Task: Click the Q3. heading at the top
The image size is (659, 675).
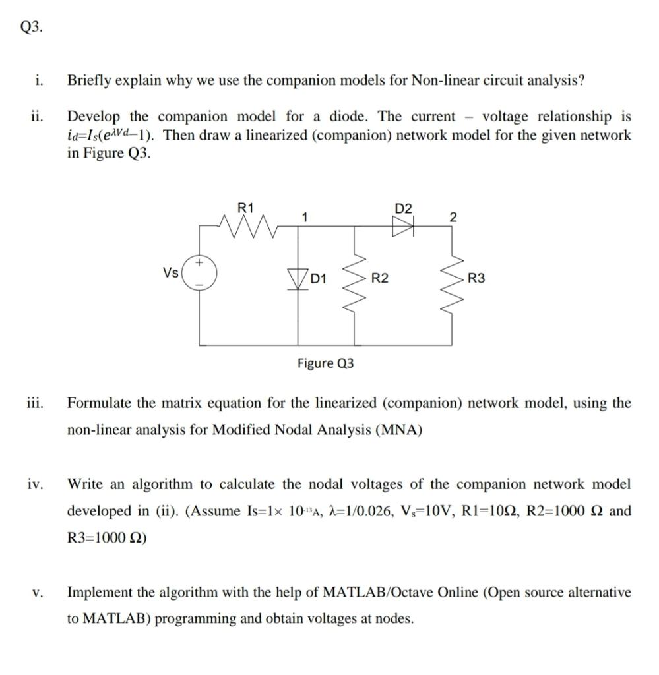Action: point(32,27)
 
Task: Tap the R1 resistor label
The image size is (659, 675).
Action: point(245,208)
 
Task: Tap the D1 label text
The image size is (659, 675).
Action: point(319,279)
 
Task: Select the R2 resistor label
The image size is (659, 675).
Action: point(379,279)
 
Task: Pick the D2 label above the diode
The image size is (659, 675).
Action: point(403,209)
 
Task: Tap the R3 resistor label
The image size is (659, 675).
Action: point(476,279)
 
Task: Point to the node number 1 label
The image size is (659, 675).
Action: point(305,216)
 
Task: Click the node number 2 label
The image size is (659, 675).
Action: point(452,217)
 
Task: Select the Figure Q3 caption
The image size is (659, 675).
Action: point(325,363)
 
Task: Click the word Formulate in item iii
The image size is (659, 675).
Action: point(99,403)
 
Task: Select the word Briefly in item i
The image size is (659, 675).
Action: point(90,81)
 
